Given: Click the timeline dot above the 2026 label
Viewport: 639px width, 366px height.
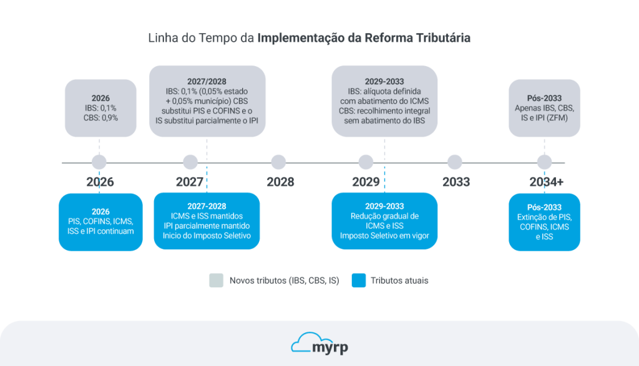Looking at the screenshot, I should tap(99, 163).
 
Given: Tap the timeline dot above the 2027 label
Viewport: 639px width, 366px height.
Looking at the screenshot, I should tap(190, 163).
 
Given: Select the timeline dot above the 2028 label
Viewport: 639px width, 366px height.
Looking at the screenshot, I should tap(278, 163).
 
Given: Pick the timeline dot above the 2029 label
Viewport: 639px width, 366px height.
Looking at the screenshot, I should tap(366, 163).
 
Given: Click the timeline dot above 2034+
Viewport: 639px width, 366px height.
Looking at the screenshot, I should tap(544, 163).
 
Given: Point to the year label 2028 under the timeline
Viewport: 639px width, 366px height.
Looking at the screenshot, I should tap(280, 182).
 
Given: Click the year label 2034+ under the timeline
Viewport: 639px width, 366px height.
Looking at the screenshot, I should tap(547, 182).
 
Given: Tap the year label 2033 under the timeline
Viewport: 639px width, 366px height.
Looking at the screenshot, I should tap(456, 182).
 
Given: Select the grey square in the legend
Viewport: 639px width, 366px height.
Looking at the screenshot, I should tap(216, 281).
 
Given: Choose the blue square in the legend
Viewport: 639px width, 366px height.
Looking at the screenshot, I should tap(358, 281).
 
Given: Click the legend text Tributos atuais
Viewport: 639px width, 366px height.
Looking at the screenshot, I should tap(399, 281).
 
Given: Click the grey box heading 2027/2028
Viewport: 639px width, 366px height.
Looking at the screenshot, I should tap(207, 82).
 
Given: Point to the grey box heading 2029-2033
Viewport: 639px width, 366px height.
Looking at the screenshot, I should tap(384, 82).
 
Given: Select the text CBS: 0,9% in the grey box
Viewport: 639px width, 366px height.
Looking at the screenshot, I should tap(100, 117).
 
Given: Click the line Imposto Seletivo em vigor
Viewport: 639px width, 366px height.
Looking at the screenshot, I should tap(384, 236).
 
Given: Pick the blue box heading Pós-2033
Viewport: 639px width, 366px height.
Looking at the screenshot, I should tap(544, 207).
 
